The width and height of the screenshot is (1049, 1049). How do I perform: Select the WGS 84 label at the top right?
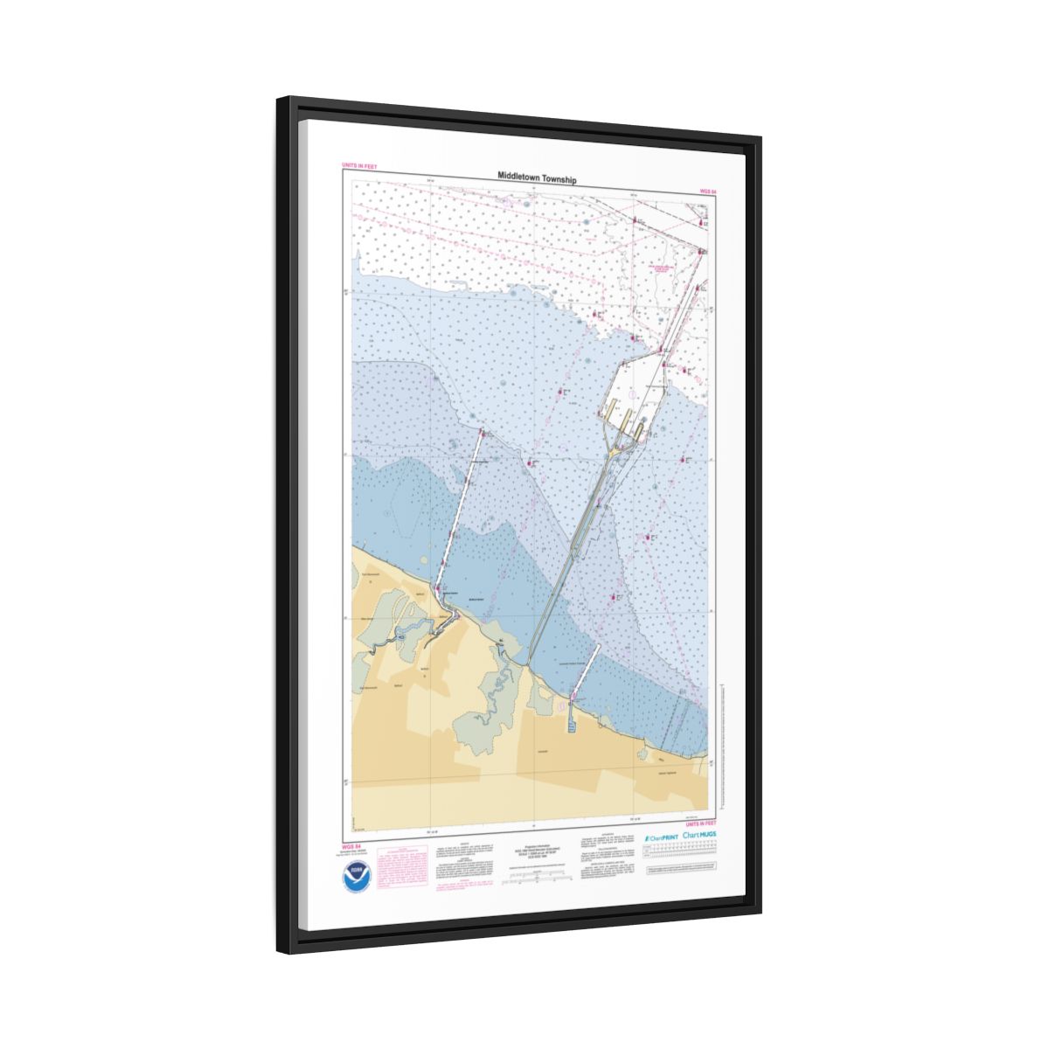[707, 190]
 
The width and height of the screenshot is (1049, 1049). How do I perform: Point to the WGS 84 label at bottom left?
[353, 846]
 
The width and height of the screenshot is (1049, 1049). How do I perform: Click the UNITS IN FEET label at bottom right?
[700, 823]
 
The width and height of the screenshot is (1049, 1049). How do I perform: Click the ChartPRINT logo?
[660, 837]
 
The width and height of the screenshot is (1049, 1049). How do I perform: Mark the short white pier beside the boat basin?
[584, 674]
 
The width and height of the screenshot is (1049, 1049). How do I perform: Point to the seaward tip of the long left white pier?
[482, 431]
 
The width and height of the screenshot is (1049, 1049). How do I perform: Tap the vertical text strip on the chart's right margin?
[721, 743]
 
